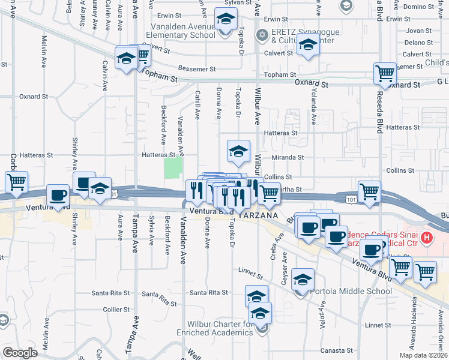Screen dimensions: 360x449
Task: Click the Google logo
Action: pyautogui.click(x=20, y=353)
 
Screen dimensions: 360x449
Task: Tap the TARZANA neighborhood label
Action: pyautogui.click(x=258, y=215)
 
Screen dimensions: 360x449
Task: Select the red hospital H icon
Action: pyautogui.click(x=427, y=238)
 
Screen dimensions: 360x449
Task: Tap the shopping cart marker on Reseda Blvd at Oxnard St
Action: pyautogui.click(x=385, y=74)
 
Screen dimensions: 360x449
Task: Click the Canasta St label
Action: pyautogui.click(x=337, y=350)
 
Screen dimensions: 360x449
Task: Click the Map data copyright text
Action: pyautogui.click(x=424, y=355)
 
